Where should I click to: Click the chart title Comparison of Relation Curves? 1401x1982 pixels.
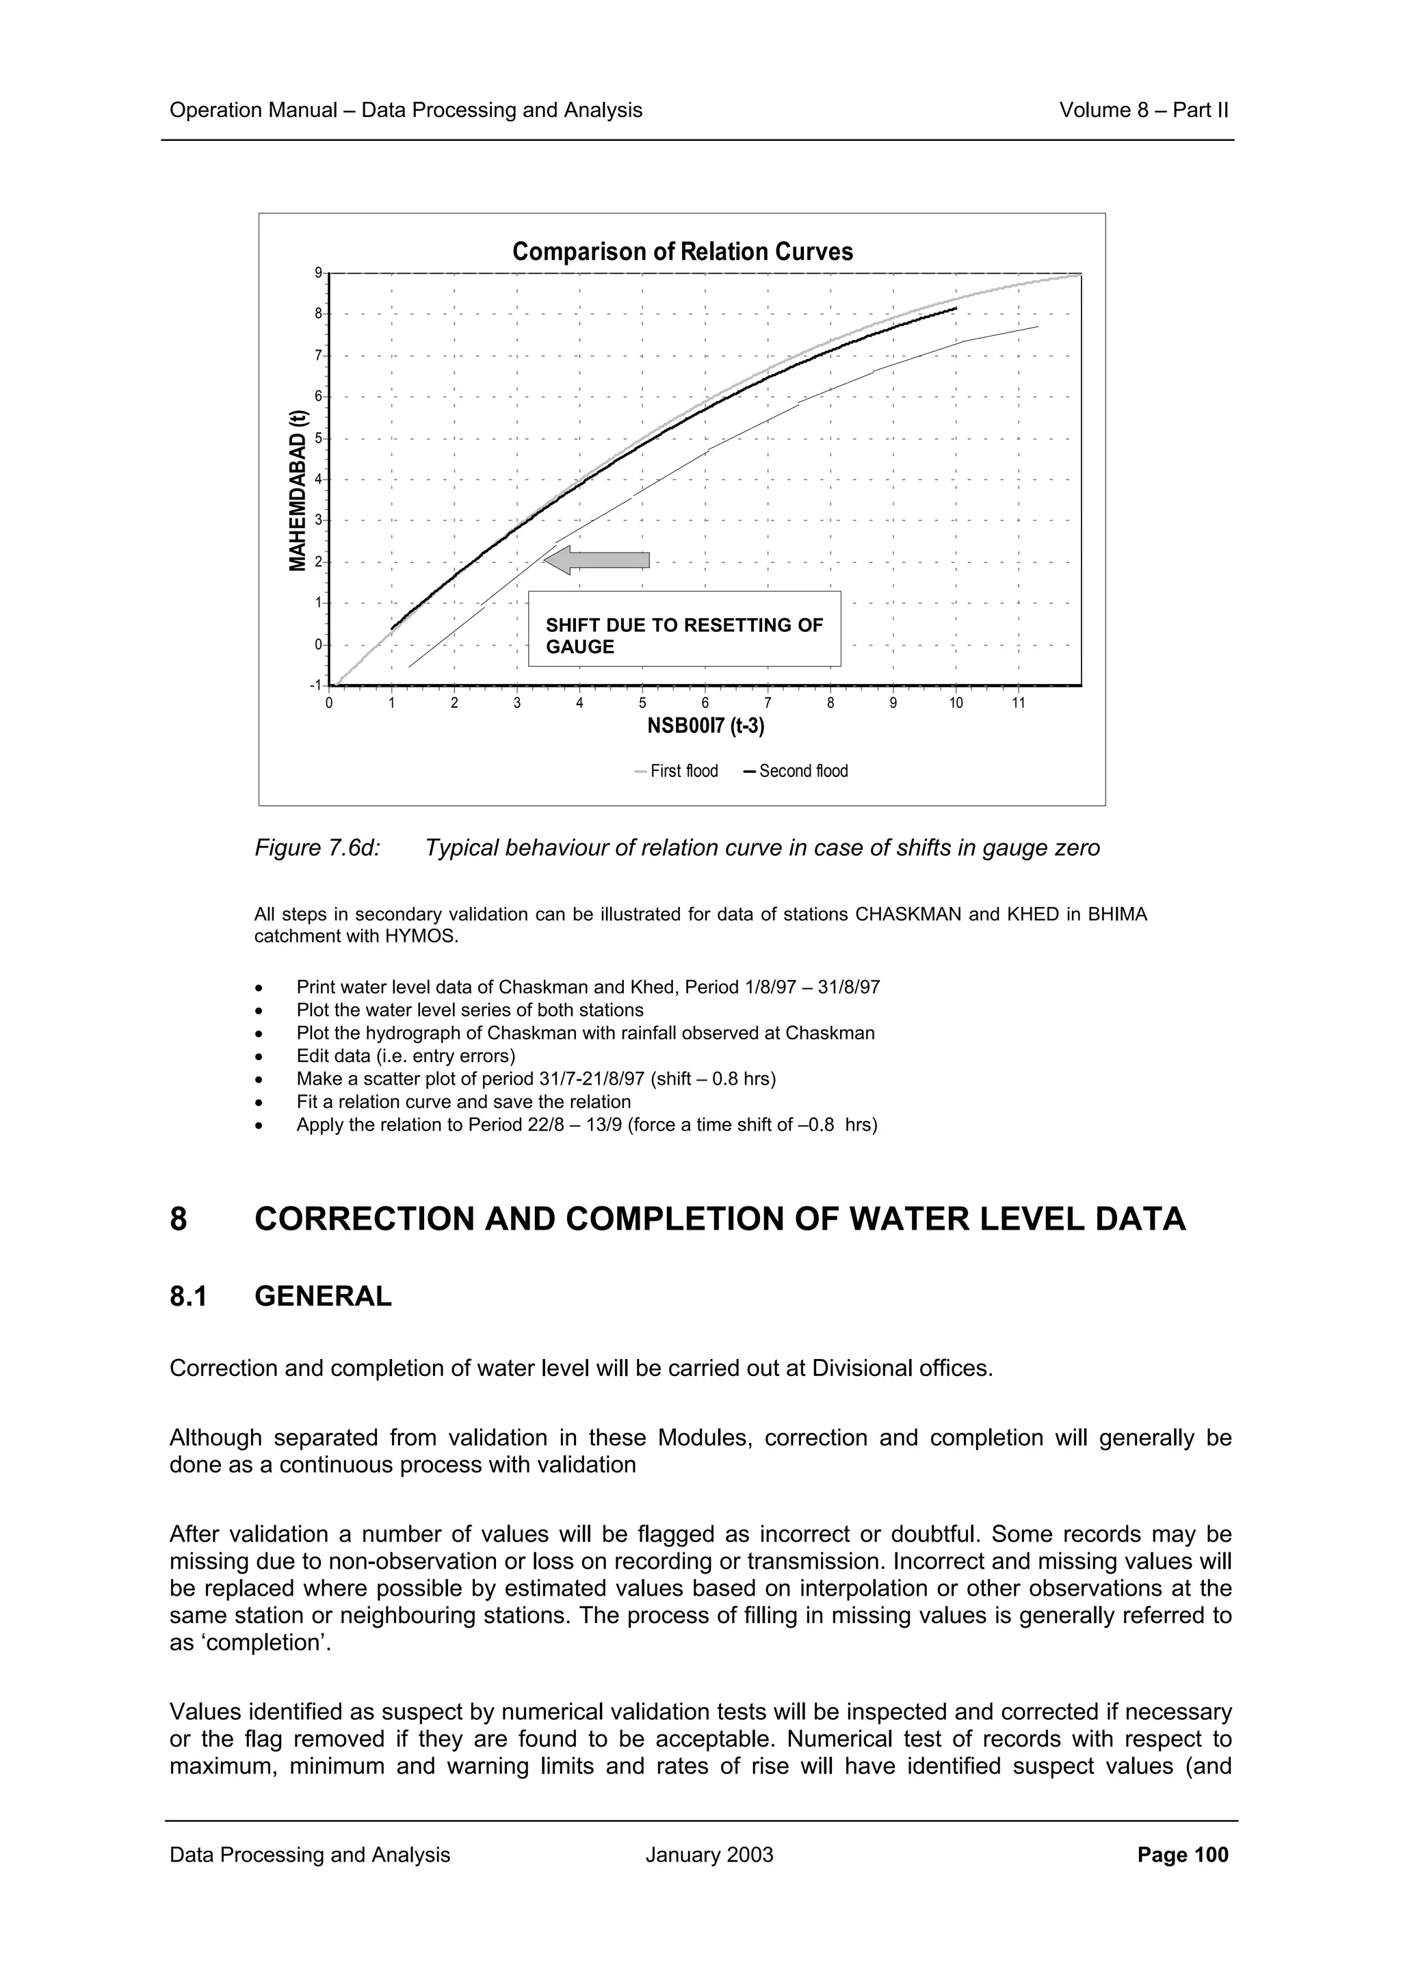682,252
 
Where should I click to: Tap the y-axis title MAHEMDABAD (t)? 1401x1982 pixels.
298,490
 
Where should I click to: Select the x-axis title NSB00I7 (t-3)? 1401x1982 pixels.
705,726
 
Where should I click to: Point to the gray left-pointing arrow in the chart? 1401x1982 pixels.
597,560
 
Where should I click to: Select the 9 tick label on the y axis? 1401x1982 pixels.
317,273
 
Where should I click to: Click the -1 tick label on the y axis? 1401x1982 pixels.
315,685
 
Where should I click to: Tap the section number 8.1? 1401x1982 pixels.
188,1296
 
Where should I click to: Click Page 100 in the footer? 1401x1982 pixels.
1183,1854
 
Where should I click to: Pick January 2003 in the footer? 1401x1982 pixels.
709,1854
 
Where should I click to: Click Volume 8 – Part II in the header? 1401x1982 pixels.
1143,111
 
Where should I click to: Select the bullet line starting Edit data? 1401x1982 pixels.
405,1056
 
